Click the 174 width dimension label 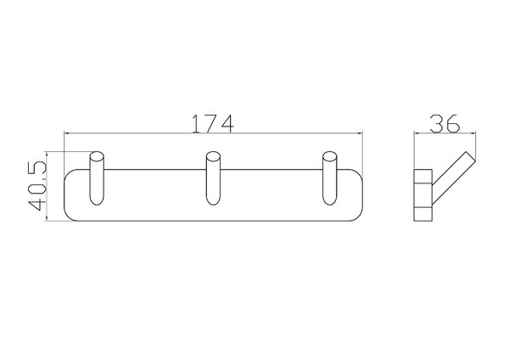(x=213, y=124)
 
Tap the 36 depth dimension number (x=445, y=123)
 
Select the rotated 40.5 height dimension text (x=37, y=186)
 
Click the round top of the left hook (x=97, y=156)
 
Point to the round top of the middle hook (x=213, y=156)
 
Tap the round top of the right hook (x=330, y=156)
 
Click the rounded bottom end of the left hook (x=97, y=200)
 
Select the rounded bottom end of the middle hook (x=213, y=200)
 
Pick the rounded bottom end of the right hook (x=330, y=200)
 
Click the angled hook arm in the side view (x=453, y=178)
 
